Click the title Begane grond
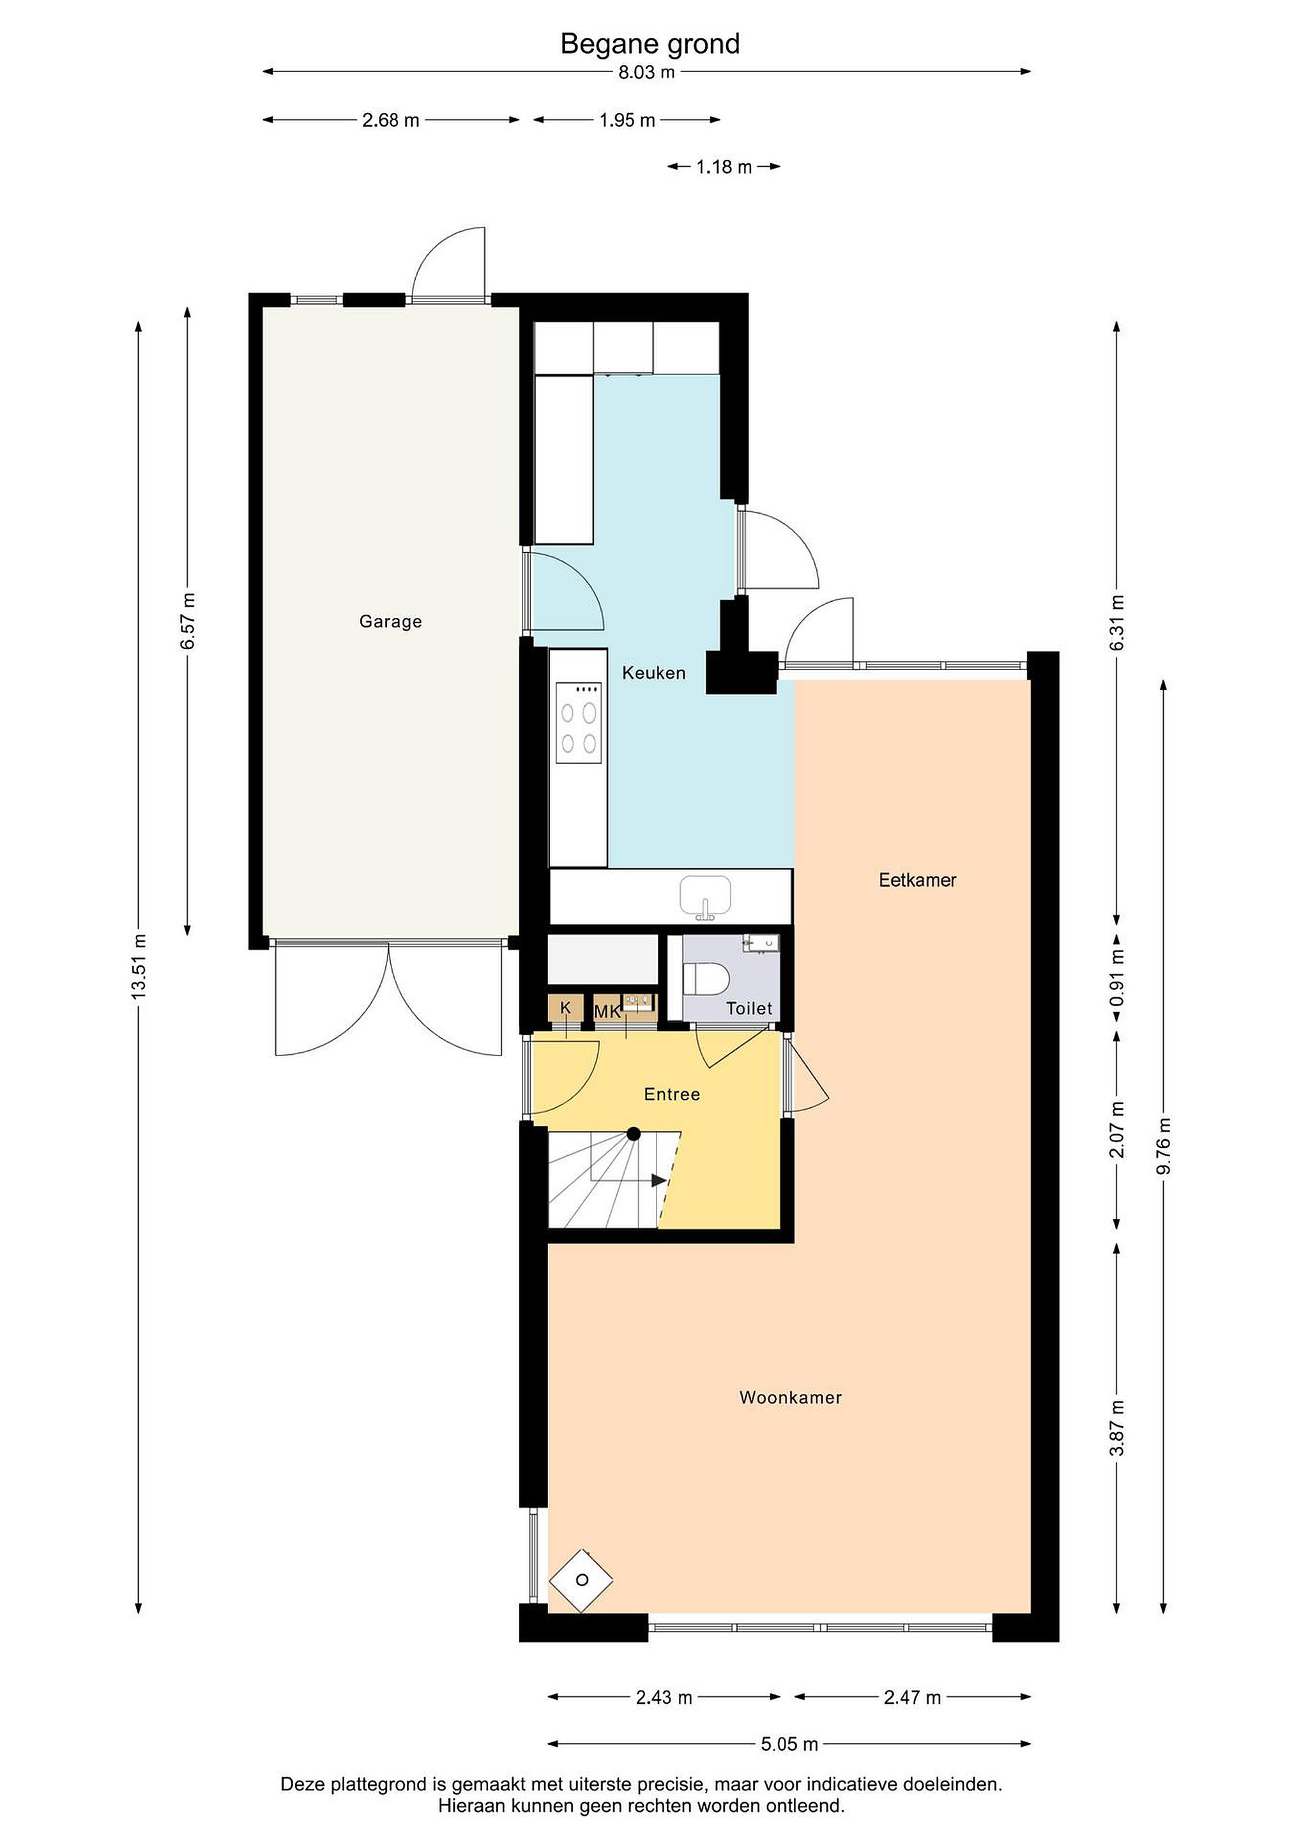point(650,44)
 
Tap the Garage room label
point(390,621)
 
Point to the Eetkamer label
point(917,880)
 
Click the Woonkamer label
point(791,1398)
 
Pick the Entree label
point(672,1094)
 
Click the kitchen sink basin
point(705,896)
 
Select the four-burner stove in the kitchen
point(579,723)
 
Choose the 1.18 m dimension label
point(724,167)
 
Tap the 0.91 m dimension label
point(1118,977)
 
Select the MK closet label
point(607,1012)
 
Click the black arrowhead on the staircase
point(659,1181)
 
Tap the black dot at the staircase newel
point(634,1133)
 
